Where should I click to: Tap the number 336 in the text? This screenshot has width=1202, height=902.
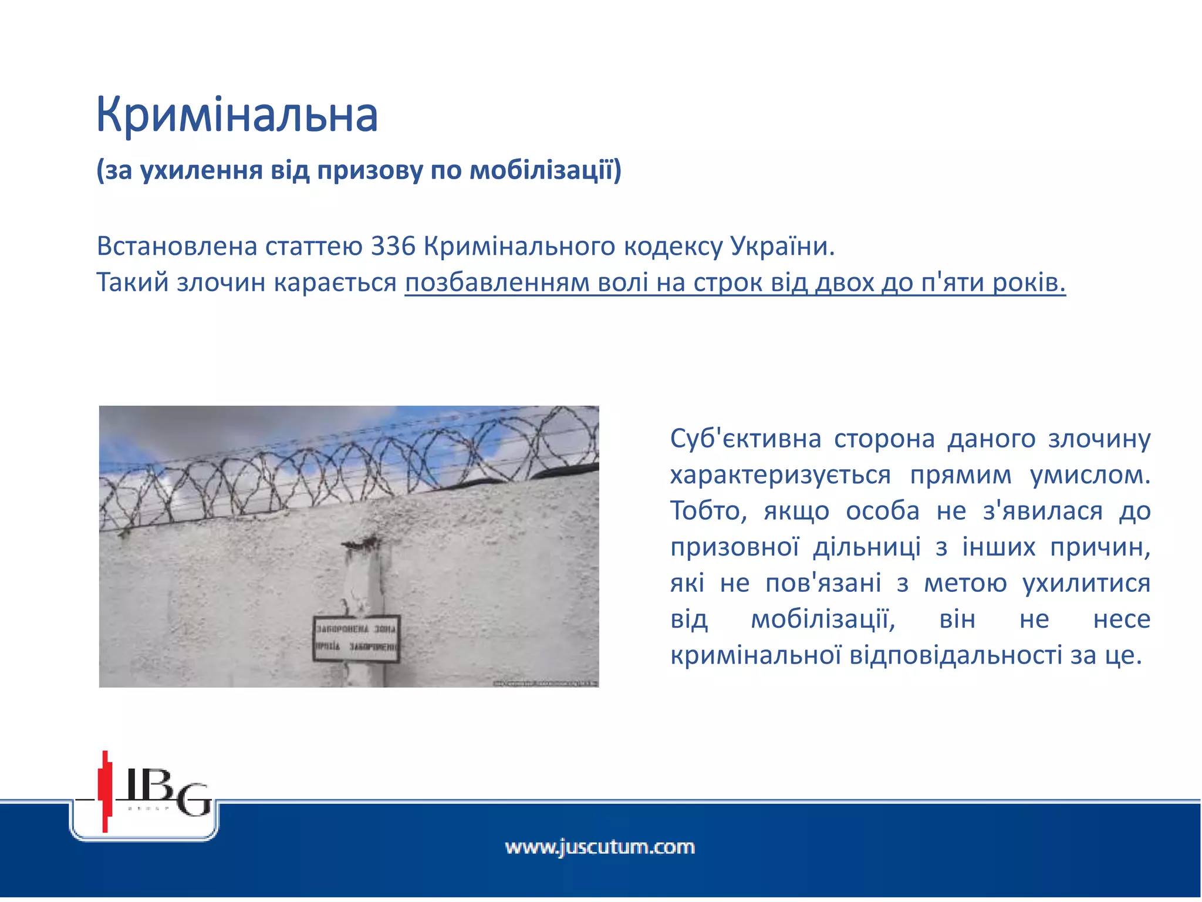tap(393, 247)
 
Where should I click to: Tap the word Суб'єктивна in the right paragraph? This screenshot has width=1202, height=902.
tap(745, 439)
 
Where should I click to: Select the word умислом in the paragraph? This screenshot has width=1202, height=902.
tap(1090, 475)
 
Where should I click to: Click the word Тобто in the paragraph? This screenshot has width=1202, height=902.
tap(708, 511)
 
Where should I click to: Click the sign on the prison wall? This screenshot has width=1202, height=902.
tap(356, 638)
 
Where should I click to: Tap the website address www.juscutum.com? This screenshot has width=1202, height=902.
tap(600, 847)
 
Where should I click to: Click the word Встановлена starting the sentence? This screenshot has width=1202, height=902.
tap(177, 247)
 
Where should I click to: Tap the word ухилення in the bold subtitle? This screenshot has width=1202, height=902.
tap(201, 170)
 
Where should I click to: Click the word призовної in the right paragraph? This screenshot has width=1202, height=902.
tap(734, 547)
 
